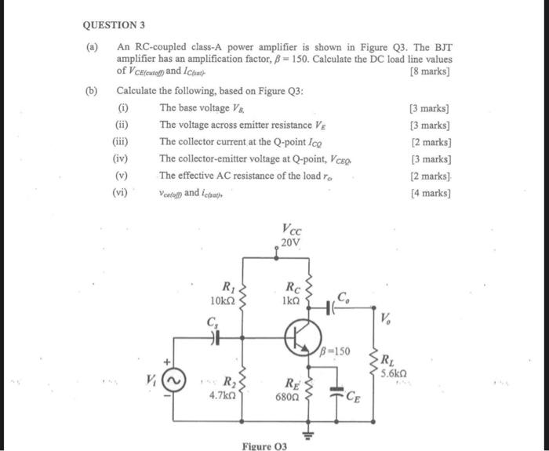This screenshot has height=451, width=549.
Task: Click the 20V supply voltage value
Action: click(x=290, y=243)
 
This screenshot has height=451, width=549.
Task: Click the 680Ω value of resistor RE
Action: click(x=289, y=397)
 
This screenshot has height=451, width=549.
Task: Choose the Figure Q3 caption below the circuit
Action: click(x=264, y=446)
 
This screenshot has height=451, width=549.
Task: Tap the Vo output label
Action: click(x=385, y=318)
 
